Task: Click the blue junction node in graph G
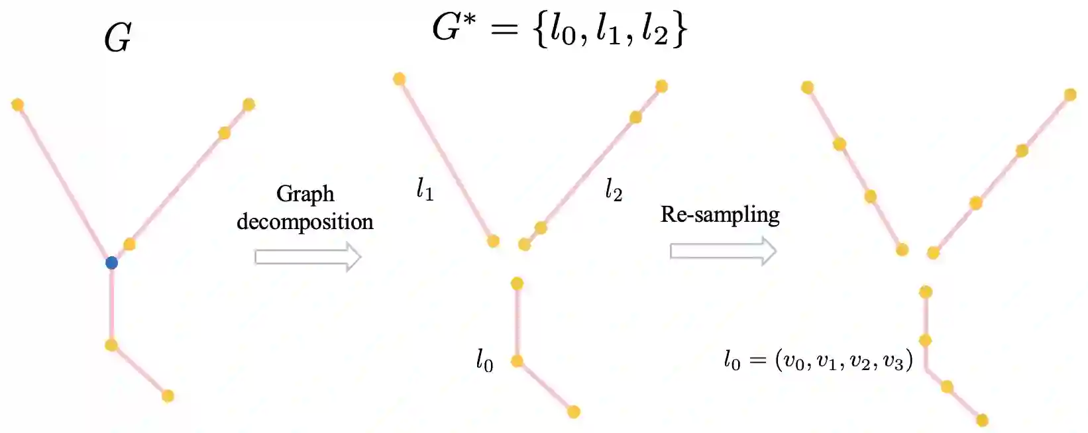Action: [111, 263]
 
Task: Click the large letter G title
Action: [117, 38]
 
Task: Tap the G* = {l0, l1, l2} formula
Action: [560, 30]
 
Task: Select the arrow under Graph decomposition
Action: [307, 257]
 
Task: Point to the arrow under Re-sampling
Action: [723, 252]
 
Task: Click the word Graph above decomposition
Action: [305, 194]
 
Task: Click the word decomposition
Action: [305, 222]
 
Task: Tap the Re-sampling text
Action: [720, 215]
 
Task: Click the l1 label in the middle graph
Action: [425, 190]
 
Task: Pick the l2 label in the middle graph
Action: [614, 190]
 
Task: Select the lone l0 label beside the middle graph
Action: [484, 360]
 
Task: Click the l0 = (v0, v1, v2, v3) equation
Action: [818, 360]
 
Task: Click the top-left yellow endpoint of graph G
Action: [18, 105]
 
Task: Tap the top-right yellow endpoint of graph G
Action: [248, 104]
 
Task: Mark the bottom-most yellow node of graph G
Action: [168, 396]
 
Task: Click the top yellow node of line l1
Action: [399, 79]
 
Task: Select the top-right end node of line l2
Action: [661, 86]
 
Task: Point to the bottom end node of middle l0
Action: [574, 412]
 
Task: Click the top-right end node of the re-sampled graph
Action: [1070, 95]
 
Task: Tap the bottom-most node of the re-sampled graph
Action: [982, 420]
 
